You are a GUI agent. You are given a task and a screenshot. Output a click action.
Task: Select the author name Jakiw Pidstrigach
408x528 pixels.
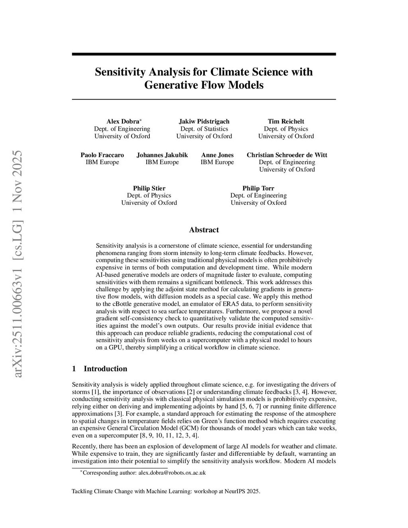[x=204, y=121]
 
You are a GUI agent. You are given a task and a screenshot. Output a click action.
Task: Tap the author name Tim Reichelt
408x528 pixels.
[x=286, y=121]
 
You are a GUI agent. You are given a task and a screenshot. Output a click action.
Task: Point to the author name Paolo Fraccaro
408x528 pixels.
[x=102, y=155]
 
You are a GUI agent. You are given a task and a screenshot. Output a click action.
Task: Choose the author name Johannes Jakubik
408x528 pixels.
[x=162, y=155]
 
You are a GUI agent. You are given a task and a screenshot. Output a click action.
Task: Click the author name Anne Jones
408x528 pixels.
[x=217, y=155]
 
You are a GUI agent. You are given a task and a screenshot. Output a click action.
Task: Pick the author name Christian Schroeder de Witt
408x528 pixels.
[x=287, y=155]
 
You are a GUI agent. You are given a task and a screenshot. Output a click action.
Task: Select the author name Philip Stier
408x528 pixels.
[x=149, y=188]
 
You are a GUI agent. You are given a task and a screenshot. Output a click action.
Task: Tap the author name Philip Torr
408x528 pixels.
[x=258, y=188]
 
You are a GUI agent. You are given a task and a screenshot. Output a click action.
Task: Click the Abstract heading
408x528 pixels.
[x=204, y=230]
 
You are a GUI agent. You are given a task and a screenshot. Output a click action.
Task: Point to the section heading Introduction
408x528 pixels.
[x=105, y=369]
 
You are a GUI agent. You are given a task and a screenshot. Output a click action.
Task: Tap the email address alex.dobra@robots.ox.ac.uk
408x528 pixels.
[x=172, y=473]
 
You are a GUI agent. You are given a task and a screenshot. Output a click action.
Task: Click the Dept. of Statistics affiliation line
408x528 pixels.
[x=204, y=129]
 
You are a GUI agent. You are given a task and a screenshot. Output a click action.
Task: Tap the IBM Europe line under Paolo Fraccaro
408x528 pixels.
[x=102, y=162]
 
